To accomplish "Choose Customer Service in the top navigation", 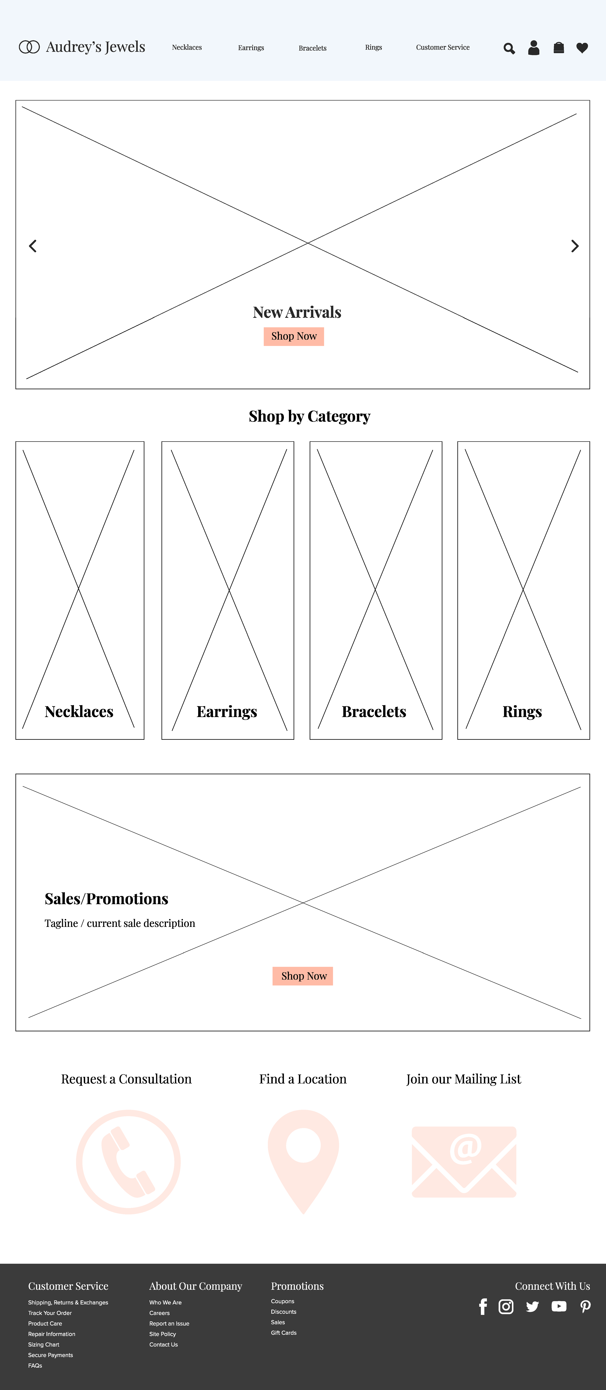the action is (x=442, y=47).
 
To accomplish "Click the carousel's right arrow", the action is (x=575, y=246).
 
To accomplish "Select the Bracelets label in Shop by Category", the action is (x=374, y=712).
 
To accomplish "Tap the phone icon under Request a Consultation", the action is (x=128, y=1162).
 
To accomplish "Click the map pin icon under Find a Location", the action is (x=303, y=1157).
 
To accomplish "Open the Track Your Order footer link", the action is (x=50, y=1313).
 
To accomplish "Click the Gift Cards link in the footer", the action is (x=284, y=1333).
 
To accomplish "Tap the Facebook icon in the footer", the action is (x=483, y=1306).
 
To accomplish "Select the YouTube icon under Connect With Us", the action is (x=558, y=1306).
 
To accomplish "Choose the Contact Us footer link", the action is (x=163, y=1345).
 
